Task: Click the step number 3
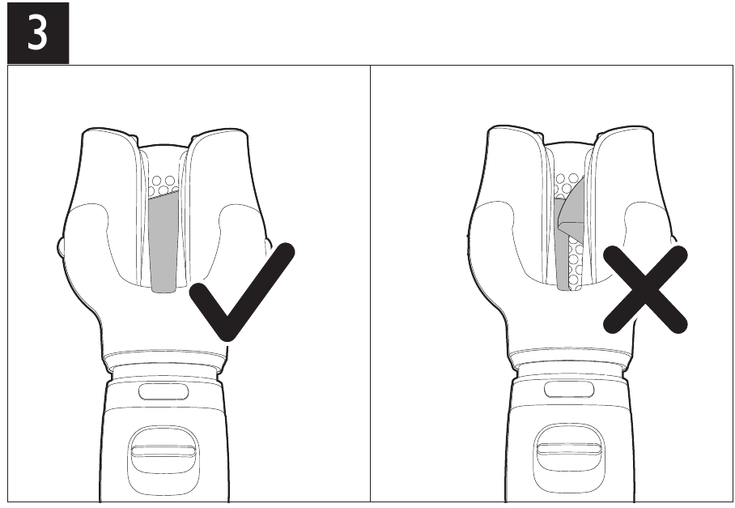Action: [37, 32]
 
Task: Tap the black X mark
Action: [645, 289]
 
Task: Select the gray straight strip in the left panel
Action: [164, 241]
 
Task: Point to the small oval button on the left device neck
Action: [164, 391]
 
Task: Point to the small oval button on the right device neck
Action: [568, 390]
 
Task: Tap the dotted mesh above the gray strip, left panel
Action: [164, 186]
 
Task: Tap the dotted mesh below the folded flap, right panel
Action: [576, 263]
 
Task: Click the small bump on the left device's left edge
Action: [60, 247]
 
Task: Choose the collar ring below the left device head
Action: [164, 361]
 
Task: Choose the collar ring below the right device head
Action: [569, 358]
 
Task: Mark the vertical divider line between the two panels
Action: [370, 284]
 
